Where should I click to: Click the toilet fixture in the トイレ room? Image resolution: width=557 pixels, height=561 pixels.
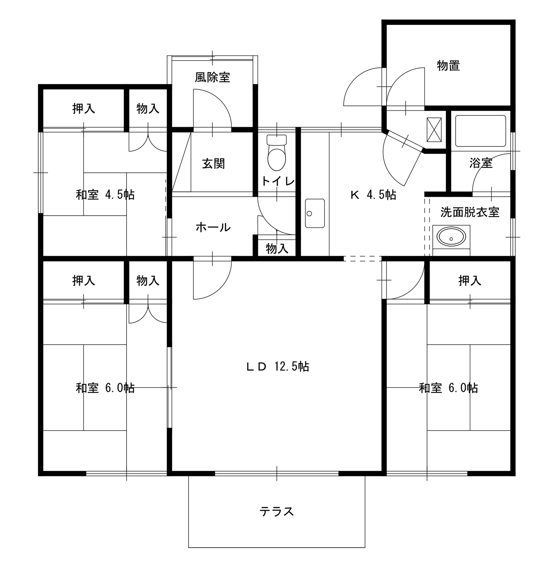pyautogui.click(x=277, y=152)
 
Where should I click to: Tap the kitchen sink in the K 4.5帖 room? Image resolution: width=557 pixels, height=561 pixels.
pyautogui.click(x=315, y=213)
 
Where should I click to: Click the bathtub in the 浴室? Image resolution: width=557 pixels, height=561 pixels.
pyautogui.click(x=481, y=130)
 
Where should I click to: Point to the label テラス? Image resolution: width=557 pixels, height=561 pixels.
pyautogui.click(x=277, y=512)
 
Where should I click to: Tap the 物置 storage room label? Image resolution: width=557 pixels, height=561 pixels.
pyautogui.click(x=449, y=66)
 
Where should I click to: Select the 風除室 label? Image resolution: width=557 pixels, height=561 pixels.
pyautogui.click(x=212, y=77)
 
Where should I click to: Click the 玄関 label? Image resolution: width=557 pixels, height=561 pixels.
pyautogui.click(x=214, y=164)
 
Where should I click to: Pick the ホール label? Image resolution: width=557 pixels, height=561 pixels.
pyautogui.click(x=213, y=227)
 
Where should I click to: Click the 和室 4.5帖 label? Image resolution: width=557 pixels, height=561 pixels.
pyautogui.click(x=105, y=194)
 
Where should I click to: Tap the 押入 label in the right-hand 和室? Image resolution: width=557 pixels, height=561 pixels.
pyautogui.click(x=470, y=281)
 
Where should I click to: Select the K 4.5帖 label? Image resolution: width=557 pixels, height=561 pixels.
pyautogui.click(x=373, y=194)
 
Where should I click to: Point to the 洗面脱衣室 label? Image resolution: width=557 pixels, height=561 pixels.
pyautogui.click(x=470, y=212)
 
